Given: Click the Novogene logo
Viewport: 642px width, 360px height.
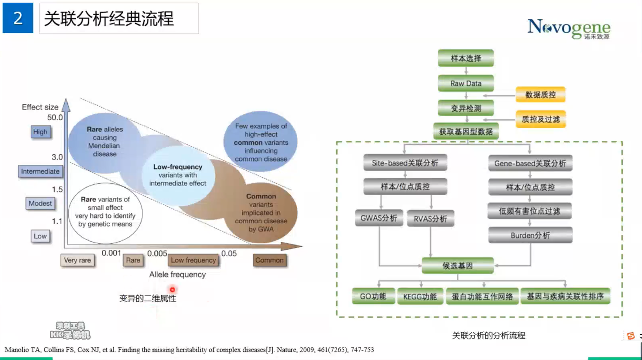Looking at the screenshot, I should click(x=568, y=28).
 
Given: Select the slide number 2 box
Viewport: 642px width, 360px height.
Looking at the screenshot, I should click(x=18, y=18).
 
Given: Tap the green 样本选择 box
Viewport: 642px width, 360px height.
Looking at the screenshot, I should click(x=466, y=58).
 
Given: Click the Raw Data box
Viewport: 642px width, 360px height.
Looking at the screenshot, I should click(x=466, y=83).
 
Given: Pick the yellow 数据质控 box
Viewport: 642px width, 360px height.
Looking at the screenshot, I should click(x=540, y=95).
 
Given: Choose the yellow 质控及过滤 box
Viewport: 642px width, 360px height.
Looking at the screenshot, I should click(x=540, y=119).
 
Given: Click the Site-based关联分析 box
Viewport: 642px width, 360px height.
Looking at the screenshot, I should click(x=405, y=163).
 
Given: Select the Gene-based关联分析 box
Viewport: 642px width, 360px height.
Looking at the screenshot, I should click(x=530, y=164).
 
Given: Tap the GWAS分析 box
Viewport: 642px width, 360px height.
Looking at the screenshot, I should click(x=379, y=218).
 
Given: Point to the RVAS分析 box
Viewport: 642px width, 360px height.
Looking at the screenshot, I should click(x=430, y=219).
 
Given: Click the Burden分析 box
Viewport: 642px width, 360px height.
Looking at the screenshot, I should click(x=530, y=235).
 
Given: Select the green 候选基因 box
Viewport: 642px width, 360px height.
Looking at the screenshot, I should click(x=458, y=266).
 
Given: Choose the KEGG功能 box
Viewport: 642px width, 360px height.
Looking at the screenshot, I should click(x=420, y=297).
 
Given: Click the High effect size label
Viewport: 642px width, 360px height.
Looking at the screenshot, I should click(x=40, y=132).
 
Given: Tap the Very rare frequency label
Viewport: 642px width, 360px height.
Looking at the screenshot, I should click(x=77, y=260).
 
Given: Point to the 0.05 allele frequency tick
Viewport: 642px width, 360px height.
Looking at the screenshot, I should click(x=229, y=253).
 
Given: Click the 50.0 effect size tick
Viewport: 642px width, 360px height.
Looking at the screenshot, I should click(x=55, y=117).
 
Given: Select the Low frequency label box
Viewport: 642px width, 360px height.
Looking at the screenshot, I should click(x=193, y=260).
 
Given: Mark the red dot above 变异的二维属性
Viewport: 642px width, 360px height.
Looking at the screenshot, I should click(x=172, y=289).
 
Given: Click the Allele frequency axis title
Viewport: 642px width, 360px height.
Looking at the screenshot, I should click(x=177, y=275).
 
